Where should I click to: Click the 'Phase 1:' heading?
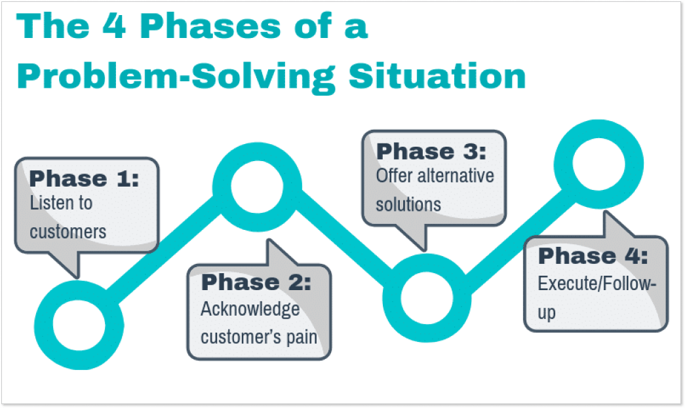[x=84, y=178]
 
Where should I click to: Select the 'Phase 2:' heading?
[x=256, y=282]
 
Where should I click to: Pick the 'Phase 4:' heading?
[x=593, y=256]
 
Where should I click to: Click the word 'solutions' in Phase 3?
[x=408, y=204]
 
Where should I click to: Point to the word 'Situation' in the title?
[x=437, y=75]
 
